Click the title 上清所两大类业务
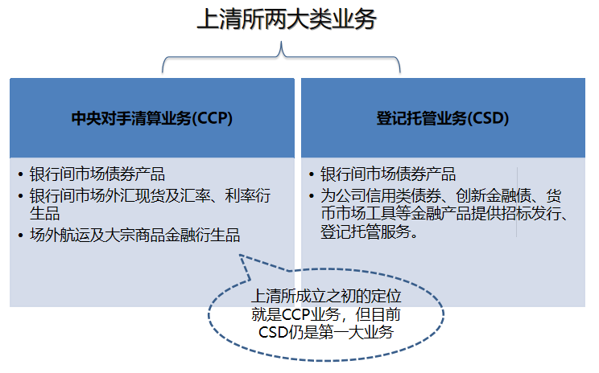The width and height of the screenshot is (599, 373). [x=287, y=19]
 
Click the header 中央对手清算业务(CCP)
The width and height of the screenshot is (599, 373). [x=152, y=118]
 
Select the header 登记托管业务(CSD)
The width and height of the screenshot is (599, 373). [x=443, y=118]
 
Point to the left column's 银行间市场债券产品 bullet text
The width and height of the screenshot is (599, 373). [x=97, y=174]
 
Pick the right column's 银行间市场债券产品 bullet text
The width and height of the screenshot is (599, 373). [x=388, y=174]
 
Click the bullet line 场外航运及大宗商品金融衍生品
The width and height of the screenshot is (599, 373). [x=134, y=235]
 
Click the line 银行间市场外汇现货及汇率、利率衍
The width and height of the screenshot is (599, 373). [x=150, y=195]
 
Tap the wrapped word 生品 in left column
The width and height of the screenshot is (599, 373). [x=45, y=214]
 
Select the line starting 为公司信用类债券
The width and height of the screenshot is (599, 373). [x=441, y=195]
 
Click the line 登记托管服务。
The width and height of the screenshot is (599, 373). [x=370, y=232]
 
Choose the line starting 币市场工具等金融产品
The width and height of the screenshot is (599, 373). [x=444, y=214]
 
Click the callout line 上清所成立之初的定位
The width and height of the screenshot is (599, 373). [x=326, y=297]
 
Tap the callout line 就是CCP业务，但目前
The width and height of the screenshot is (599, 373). [x=326, y=314]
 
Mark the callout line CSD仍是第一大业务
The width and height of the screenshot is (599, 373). [x=326, y=332]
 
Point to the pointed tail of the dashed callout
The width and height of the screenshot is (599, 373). [x=240, y=255]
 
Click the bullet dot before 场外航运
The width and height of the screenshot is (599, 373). [x=21, y=236]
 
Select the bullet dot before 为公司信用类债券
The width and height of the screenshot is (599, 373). [x=312, y=196]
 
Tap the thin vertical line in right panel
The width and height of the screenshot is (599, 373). [x=517, y=202]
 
